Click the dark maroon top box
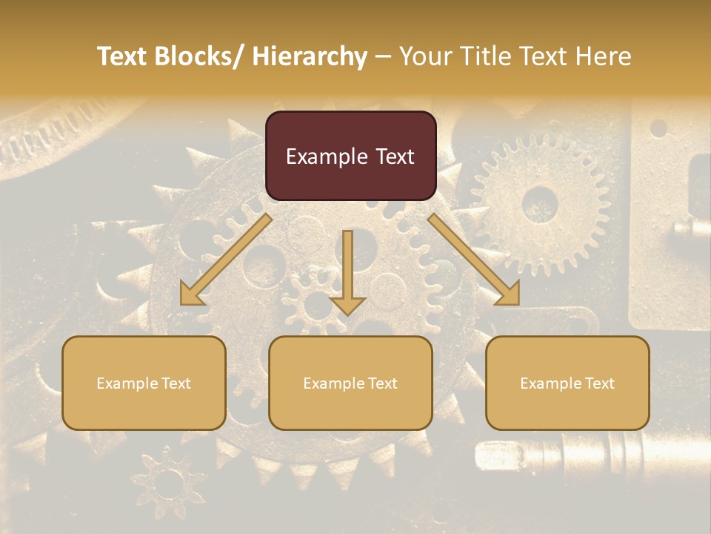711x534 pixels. click(350, 156)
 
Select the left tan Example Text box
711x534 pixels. click(144, 383)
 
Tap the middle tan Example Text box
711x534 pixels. click(350, 383)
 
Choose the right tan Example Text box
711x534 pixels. click(567, 383)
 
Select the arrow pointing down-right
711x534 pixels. click(474, 260)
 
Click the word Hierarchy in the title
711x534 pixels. click(310, 56)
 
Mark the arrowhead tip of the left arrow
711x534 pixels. click(182, 303)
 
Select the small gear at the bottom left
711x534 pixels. click(169, 481)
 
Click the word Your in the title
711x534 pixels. click(425, 56)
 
